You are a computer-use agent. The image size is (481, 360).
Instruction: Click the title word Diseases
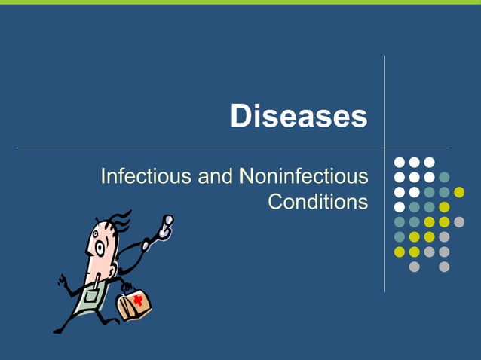tap(299, 117)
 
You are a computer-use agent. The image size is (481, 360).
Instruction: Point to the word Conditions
tap(318, 203)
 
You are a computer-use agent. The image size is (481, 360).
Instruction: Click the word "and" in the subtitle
tap(215, 178)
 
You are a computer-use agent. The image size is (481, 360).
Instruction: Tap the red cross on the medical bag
tap(138, 300)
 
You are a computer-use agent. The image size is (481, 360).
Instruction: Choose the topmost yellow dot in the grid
tap(459, 191)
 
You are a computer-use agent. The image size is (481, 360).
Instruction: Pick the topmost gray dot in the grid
tap(459, 221)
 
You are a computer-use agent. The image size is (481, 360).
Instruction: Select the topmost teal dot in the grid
tap(444, 177)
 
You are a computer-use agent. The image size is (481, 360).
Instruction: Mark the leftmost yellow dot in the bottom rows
tap(400, 251)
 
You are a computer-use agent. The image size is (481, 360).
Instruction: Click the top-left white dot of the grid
tap(400, 162)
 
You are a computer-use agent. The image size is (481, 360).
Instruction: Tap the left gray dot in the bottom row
tap(414, 266)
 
